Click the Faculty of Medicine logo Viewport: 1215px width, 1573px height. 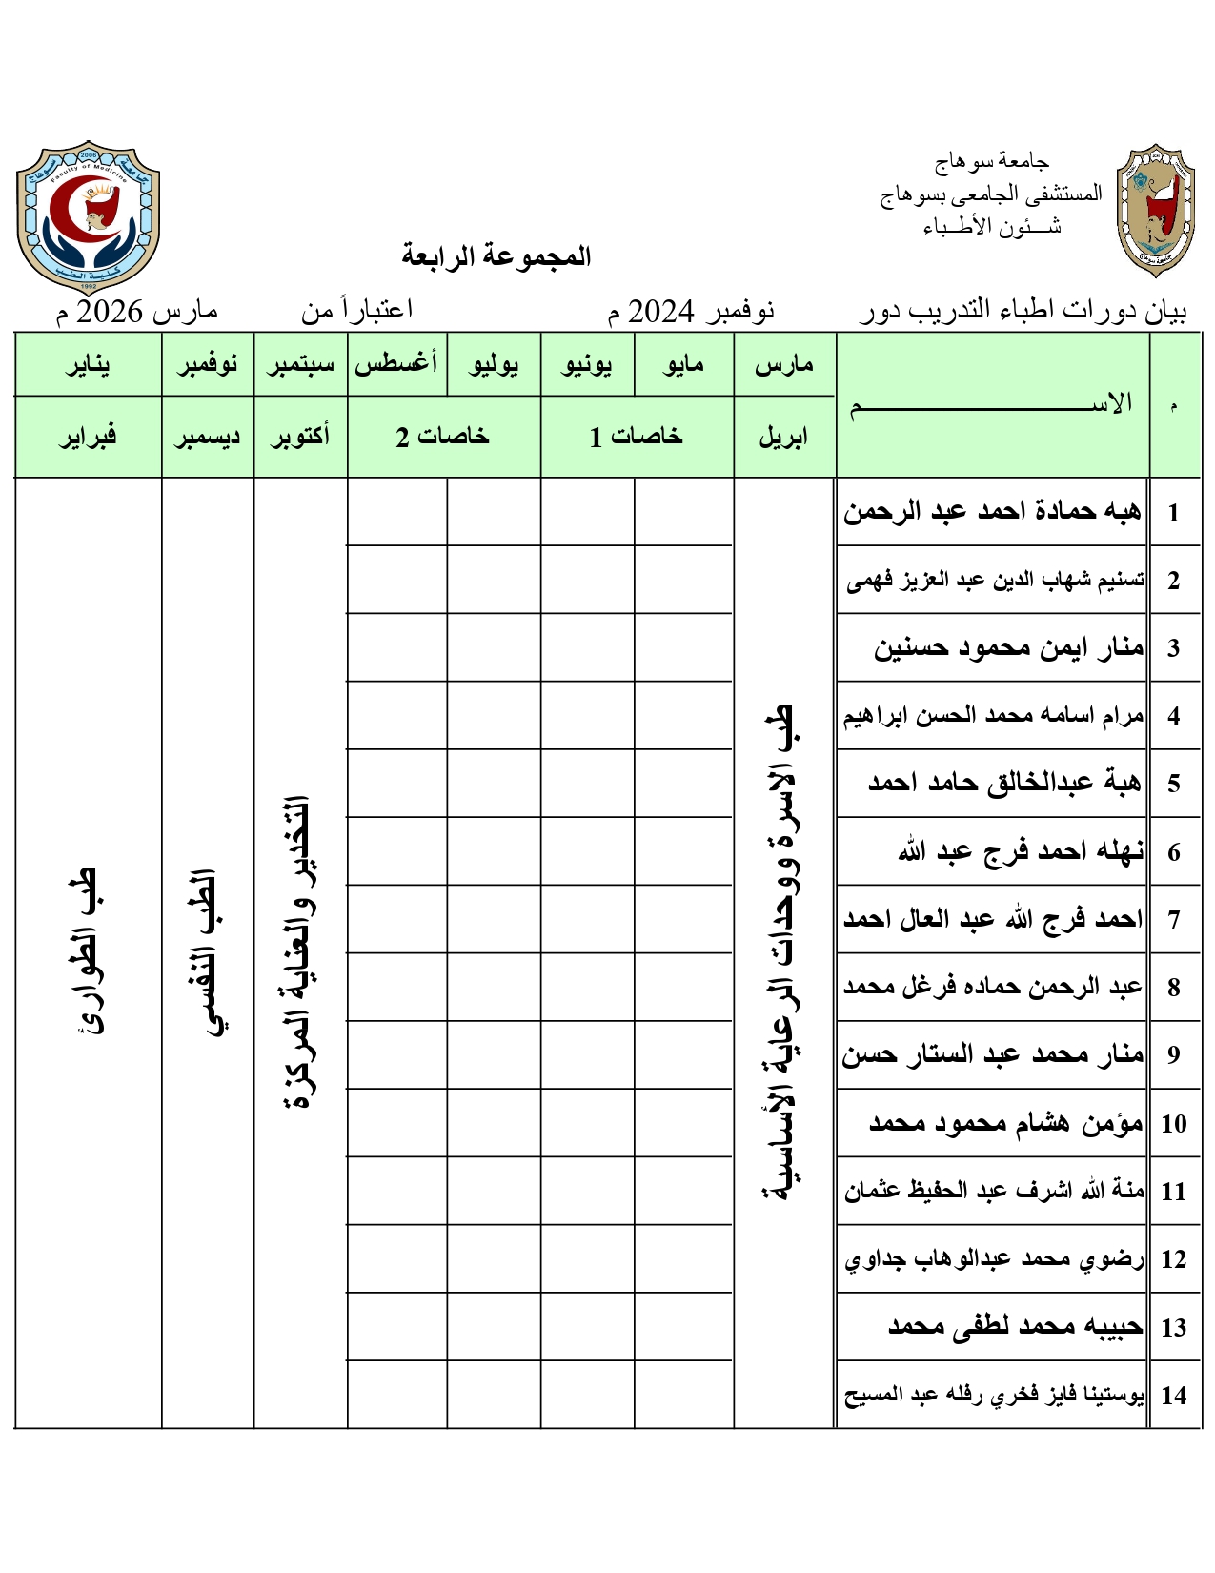pos(88,216)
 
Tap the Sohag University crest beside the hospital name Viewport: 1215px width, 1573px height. pos(1155,211)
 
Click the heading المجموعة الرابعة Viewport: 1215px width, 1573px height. pos(496,255)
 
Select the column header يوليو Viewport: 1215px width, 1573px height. pos(494,364)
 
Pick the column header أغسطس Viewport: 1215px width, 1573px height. pos(396,363)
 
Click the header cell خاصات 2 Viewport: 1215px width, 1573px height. pos(443,437)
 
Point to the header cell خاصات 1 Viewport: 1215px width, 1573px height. pos(636,437)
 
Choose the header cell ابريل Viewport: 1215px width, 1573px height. pos(783,437)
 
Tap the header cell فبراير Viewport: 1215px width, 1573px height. pos(88,437)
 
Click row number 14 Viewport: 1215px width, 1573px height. pos(1173,1396)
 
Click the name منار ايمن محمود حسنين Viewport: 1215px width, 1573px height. pos(1008,648)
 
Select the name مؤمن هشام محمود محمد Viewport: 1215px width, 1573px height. pos(1005,1123)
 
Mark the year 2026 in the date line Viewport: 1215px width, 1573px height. pos(109,311)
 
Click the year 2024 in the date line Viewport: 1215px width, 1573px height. pos(659,311)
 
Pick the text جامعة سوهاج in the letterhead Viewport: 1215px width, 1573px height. pos(991,162)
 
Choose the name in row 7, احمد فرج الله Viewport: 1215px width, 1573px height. pos(993,919)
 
